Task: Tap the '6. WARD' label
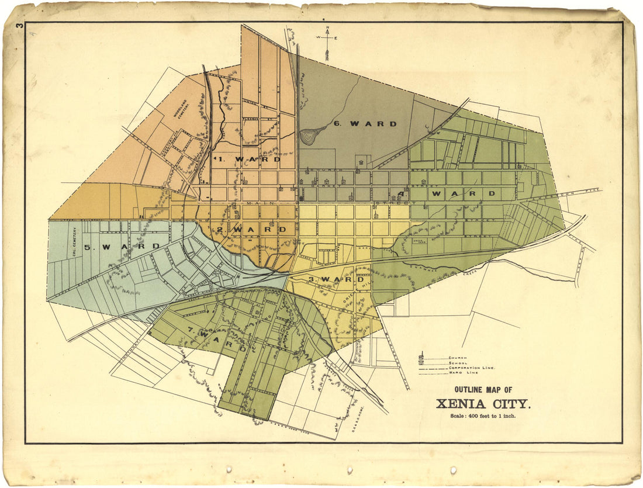[365, 124]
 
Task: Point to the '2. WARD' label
[251, 230]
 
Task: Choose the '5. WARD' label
[122, 247]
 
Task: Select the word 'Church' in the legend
[458, 357]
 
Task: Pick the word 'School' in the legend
[458, 362]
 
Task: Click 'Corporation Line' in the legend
[472, 368]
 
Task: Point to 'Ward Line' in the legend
[462, 373]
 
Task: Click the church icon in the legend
[421, 355]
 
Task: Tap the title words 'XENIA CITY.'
[483, 404]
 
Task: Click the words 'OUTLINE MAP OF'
[483, 390]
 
